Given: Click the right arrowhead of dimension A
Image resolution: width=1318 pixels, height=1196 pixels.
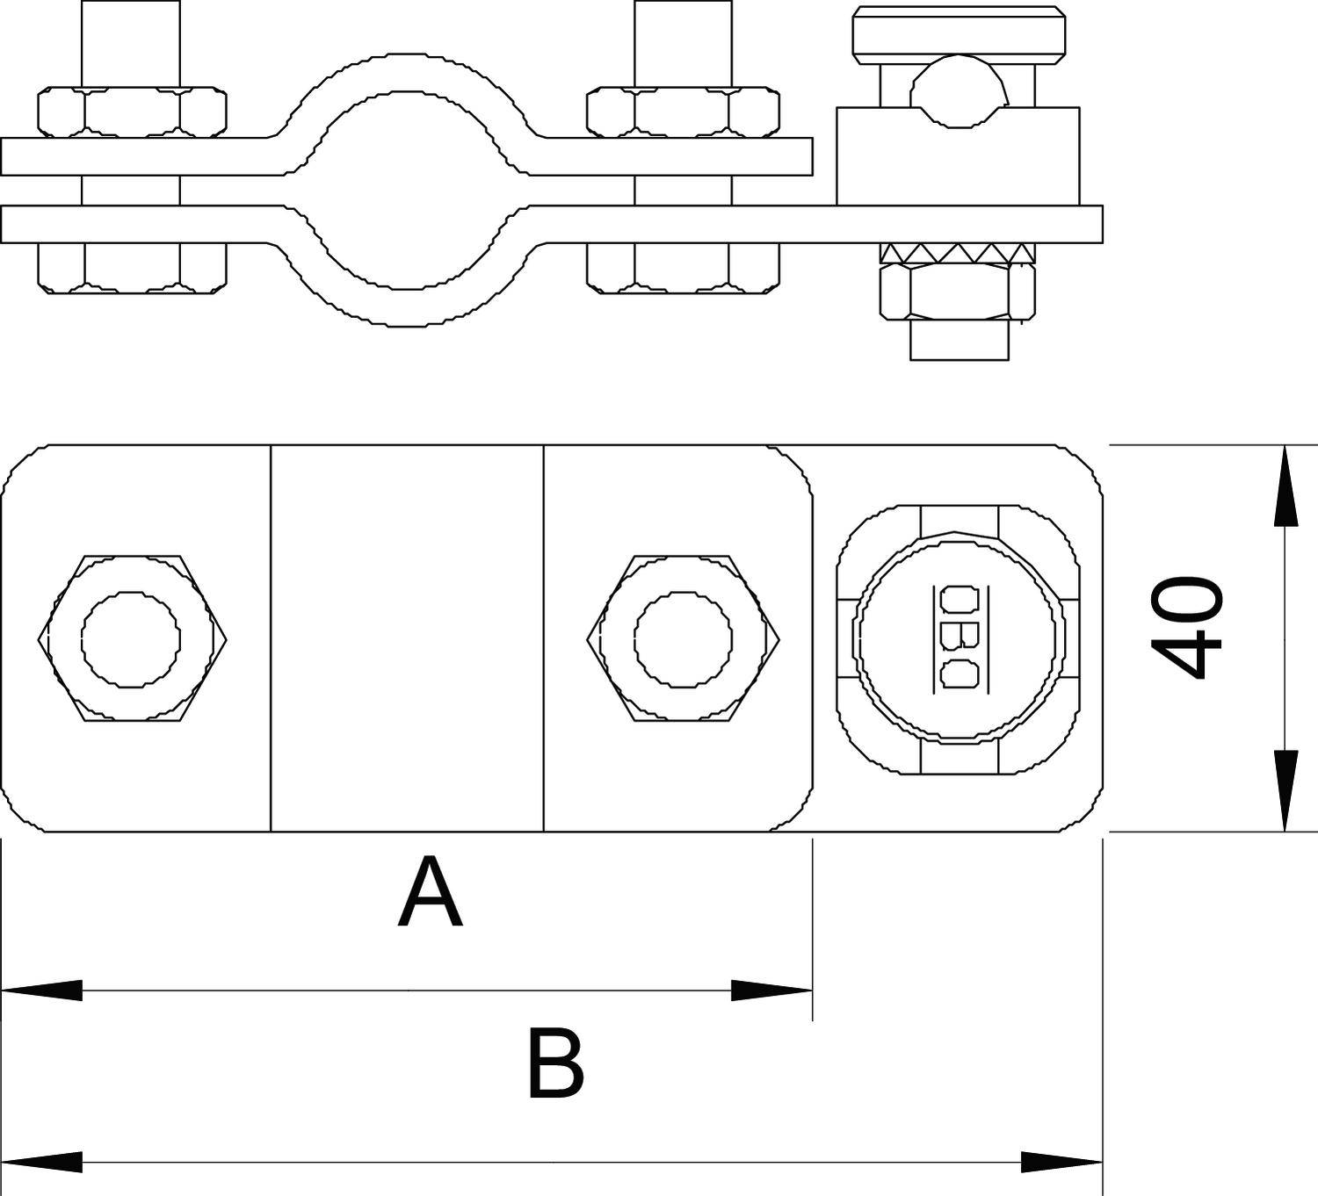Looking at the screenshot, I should coord(771,991).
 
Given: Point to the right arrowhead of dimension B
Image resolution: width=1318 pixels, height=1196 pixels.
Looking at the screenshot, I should coord(1061,1163).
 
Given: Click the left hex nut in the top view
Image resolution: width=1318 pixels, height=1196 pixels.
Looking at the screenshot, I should coord(132,638).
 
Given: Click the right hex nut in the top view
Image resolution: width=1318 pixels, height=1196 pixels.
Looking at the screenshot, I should coord(684,638).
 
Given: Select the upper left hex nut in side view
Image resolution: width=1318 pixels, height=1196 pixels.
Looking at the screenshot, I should coord(132,112).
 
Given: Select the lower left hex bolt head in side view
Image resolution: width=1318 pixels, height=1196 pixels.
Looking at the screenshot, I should coord(132,267).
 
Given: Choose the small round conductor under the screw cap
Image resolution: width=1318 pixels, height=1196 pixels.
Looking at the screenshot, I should coord(958,88).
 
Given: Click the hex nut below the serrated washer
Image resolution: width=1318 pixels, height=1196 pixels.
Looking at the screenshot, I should coord(958,292).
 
